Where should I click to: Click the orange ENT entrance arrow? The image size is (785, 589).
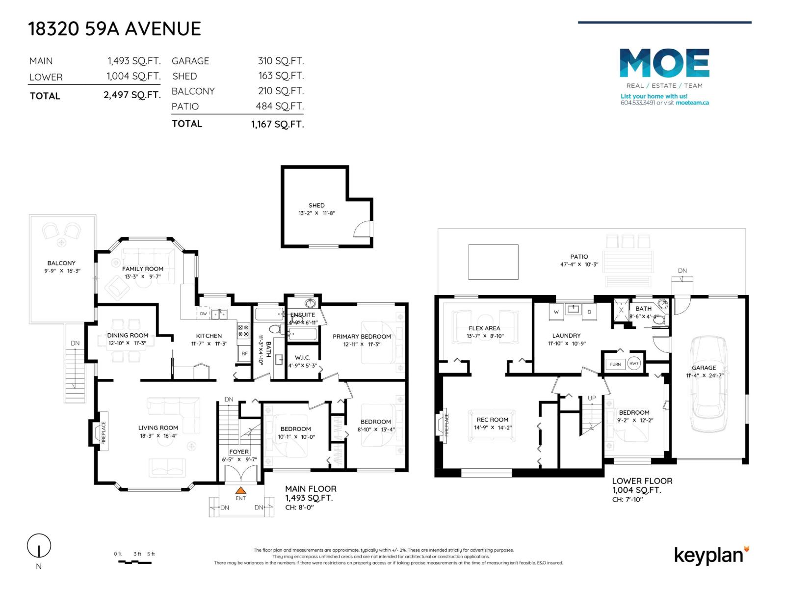[x=240, y=490]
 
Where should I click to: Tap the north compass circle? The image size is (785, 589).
[x=39, y=546]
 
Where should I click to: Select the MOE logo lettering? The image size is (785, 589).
[x=664, y=63]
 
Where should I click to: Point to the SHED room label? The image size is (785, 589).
[x=316, y=205]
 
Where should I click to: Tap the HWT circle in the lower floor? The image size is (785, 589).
[x=634, y=364]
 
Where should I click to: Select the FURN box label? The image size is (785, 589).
[x=615, y=364]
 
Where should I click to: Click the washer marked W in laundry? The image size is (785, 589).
[x=556, y=312]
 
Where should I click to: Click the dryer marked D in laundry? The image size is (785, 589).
[x=589, y=312]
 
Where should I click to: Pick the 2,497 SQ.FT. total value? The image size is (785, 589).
[x=132, y=95]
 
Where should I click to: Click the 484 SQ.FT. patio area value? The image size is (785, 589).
[x=280, y=106]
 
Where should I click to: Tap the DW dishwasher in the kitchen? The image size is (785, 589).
[x=203, y=314]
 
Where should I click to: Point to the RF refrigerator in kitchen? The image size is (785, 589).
[x=244, y=353]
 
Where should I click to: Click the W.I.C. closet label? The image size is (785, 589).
[x=302, y=358]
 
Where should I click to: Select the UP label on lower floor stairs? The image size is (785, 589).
[x=592, y=398]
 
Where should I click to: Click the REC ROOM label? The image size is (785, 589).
[x=492, y=420]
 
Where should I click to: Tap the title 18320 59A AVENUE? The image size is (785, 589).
[x=115, y=29]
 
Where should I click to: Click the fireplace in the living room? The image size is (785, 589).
[x=100, y=432]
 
